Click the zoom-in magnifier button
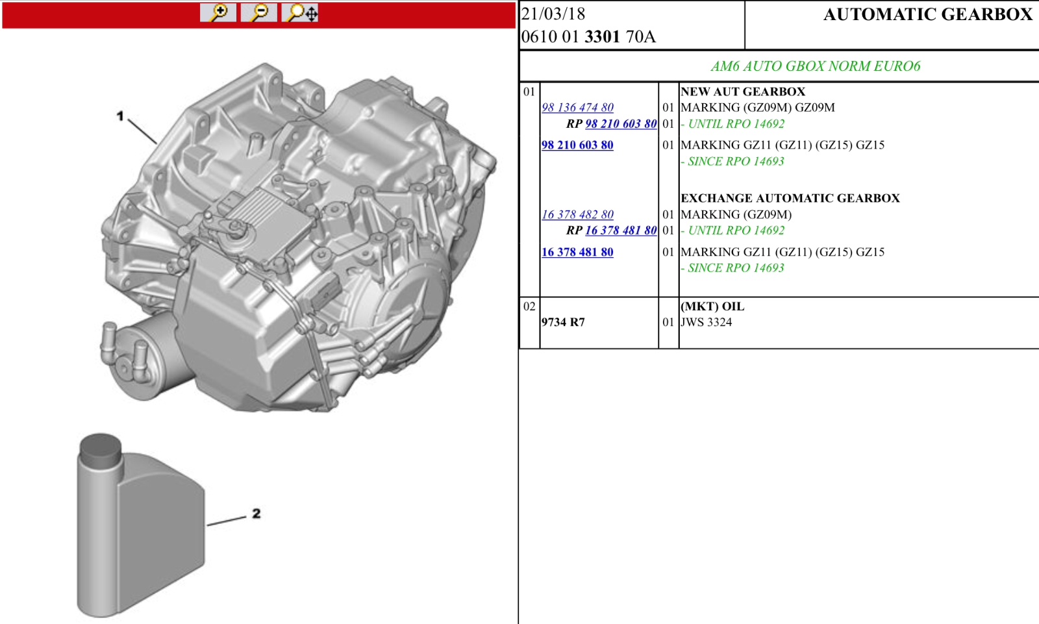tap(218, 12)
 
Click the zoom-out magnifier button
tap(259, 12)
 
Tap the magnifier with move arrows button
tap(299, 12)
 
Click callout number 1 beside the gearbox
tap(120, 116)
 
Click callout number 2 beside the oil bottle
tap(257, 513)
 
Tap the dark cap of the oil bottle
tap(100, 450)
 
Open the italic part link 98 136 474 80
tap(577, 108)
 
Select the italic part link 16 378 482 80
tap(577, 214)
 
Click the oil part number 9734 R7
tap(563, 322)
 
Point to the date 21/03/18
tap(553, 14)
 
